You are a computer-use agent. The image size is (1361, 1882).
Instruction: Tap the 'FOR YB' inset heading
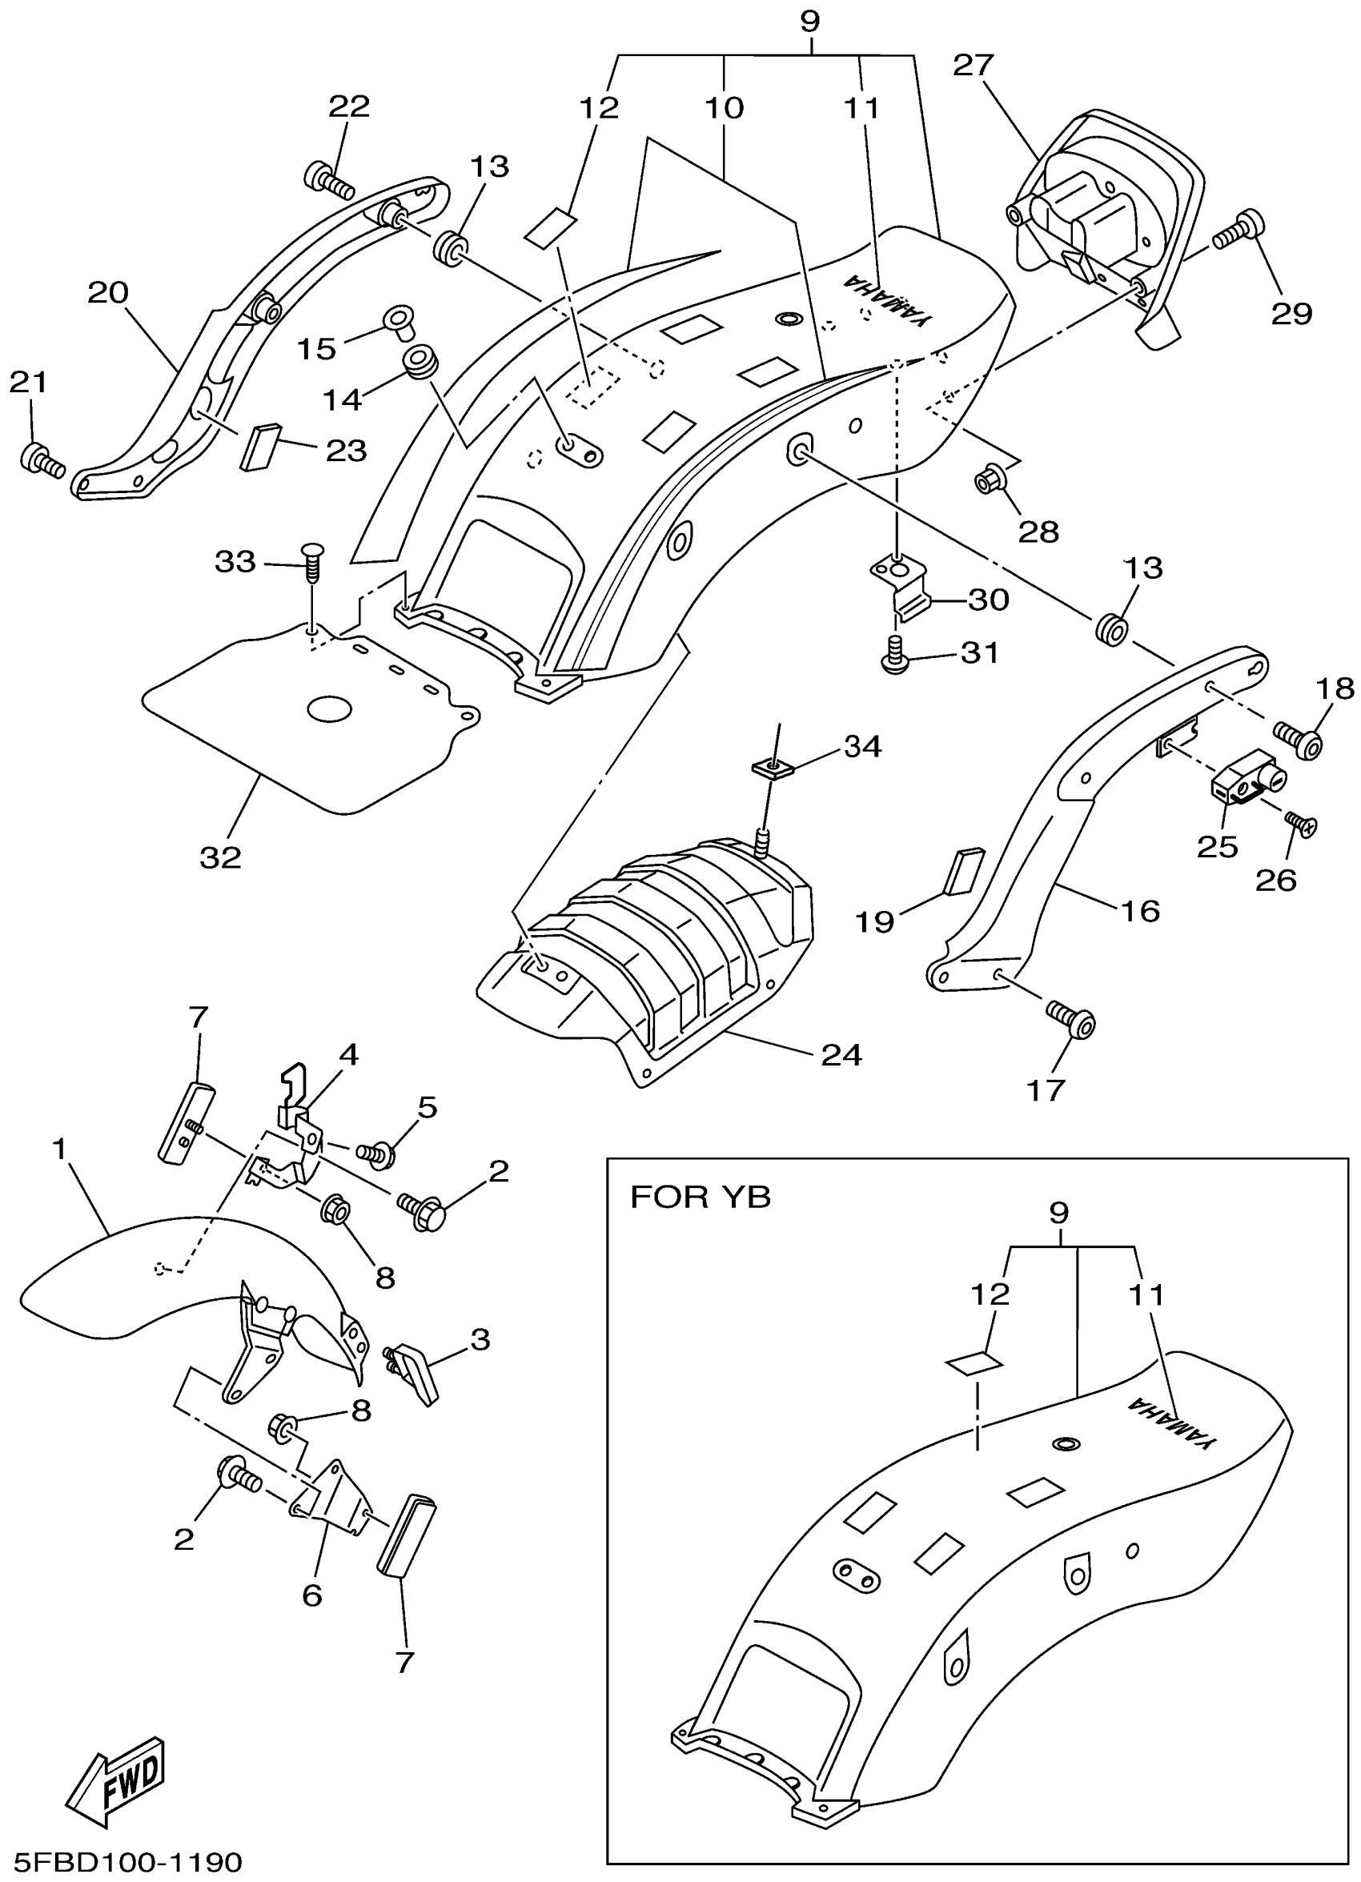click(x=701, y=1198)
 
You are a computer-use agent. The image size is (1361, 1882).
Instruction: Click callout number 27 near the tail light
click(x=974, y=66)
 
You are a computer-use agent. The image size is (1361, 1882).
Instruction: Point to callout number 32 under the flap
click(x=220, y=857)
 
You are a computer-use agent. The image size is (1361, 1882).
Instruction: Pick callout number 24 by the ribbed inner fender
click(x=841, y=1056)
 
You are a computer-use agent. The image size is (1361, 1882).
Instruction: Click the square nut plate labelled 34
click(x=774, y=766)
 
